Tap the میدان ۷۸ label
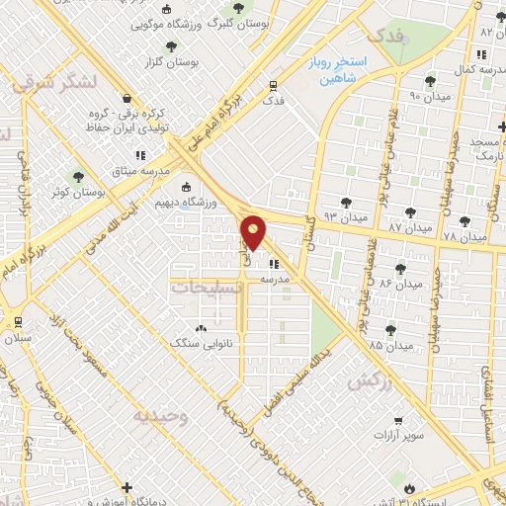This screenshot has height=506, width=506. coord(465,238)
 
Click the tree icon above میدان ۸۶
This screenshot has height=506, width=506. coord(400,268)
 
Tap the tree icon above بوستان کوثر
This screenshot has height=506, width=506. coord(75,175)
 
